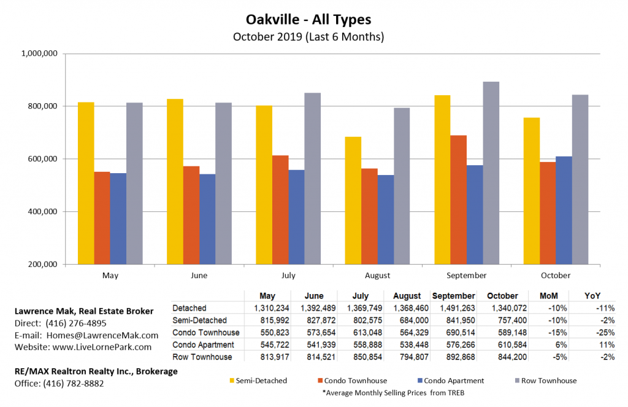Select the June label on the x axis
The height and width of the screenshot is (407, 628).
click(x=199, y=276)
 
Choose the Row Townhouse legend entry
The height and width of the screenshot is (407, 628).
click(x=545, y=381)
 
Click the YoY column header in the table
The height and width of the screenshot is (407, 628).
click(x=593, y=296)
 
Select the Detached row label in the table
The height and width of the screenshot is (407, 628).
click(x=190, y=308)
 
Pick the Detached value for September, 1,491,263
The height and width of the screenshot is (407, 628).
click(x=454, y=308)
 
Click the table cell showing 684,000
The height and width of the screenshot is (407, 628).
click(x=407, y=320)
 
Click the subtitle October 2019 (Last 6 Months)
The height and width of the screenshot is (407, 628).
click(x=308, y=36)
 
